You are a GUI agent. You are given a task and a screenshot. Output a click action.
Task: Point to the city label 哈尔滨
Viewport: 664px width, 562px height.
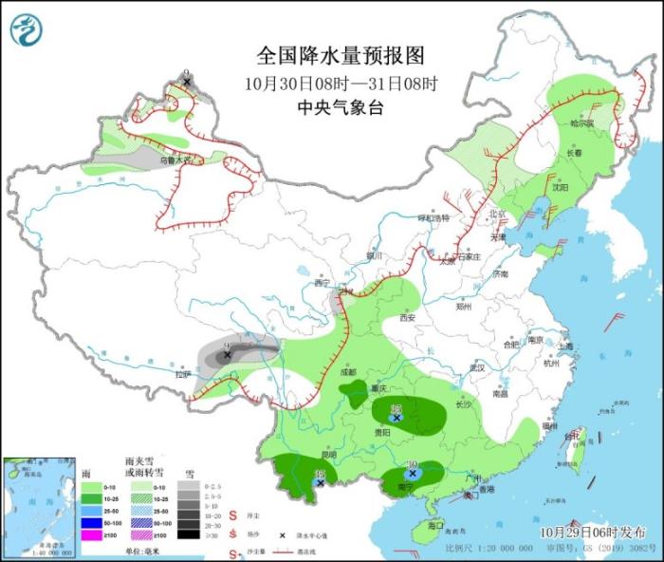coord(581,123)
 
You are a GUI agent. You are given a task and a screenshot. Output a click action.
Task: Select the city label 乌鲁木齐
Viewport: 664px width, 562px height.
coord(175,160)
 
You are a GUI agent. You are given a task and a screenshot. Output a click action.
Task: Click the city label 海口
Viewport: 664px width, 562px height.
coord(435,524)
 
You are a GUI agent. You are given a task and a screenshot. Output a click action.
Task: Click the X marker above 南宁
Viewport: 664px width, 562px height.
coord(413,473)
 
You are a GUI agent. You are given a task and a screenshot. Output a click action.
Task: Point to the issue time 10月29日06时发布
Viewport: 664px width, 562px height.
coord(593,532)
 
